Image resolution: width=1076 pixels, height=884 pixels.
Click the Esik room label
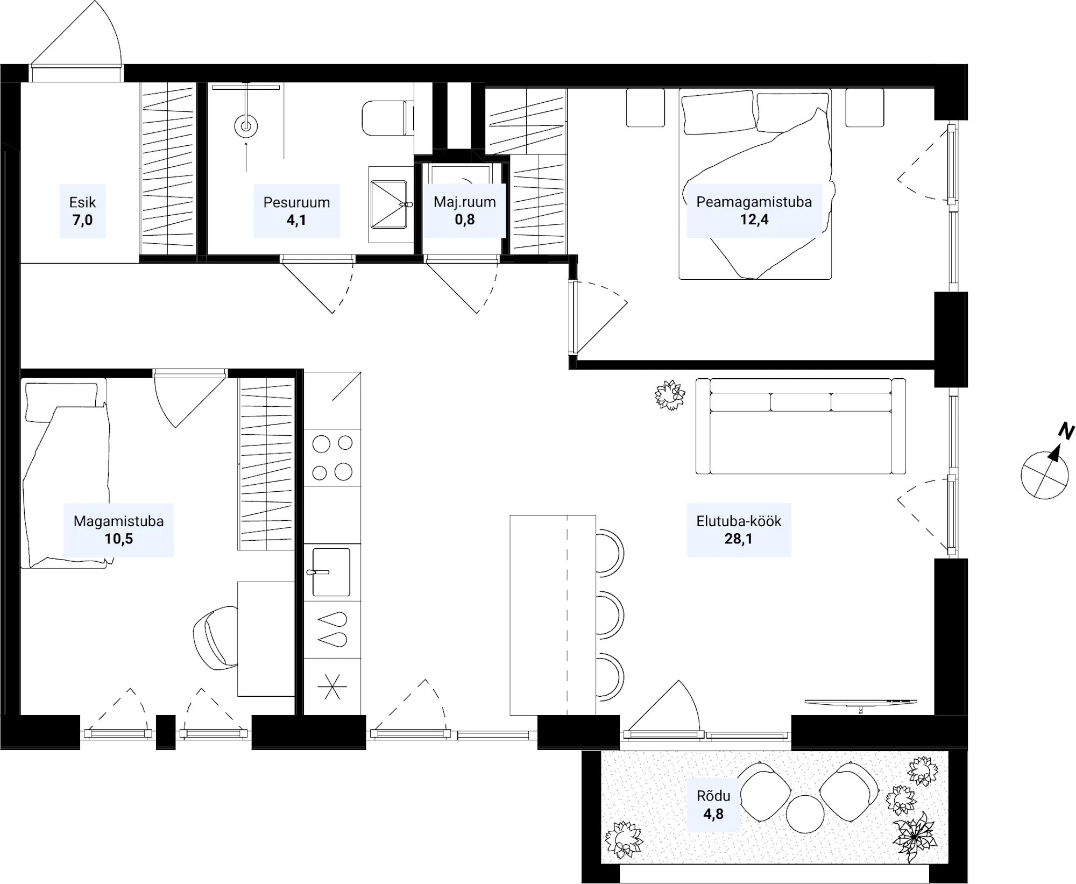(x=82, y=202)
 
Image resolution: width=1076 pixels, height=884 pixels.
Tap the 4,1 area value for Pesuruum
(x=296, y=220)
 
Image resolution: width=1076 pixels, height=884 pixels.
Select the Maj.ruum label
(x=465, y=202)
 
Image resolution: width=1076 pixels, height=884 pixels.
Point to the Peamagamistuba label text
(x=754, y=202)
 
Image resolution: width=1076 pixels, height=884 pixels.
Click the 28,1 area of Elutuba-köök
(x=738, y=539)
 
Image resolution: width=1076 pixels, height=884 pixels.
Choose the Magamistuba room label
(x=118, y=521)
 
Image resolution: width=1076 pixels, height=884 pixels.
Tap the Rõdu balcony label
(x=713, y=796)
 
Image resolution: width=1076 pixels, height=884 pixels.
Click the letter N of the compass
(x=1066, y=431)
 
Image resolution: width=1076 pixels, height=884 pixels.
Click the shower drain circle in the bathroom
(x=246, y=127)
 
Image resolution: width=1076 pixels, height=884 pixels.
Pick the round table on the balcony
(x=804, y=814)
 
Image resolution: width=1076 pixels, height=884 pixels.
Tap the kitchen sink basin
(x=331, y=572)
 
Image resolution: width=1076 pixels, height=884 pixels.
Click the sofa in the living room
(x=801, y=426)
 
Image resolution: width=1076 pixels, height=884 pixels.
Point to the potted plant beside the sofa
(x=670, y=395)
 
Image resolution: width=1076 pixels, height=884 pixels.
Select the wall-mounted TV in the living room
(x=860, y=703)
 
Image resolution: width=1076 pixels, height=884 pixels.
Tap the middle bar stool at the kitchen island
(x=610, y=614)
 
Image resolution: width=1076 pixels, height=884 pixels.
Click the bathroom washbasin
(x=388, y=204)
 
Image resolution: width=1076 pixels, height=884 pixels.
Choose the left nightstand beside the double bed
(x=646, y=108)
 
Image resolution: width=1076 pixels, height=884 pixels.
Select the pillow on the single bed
(x=62, y=401)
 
